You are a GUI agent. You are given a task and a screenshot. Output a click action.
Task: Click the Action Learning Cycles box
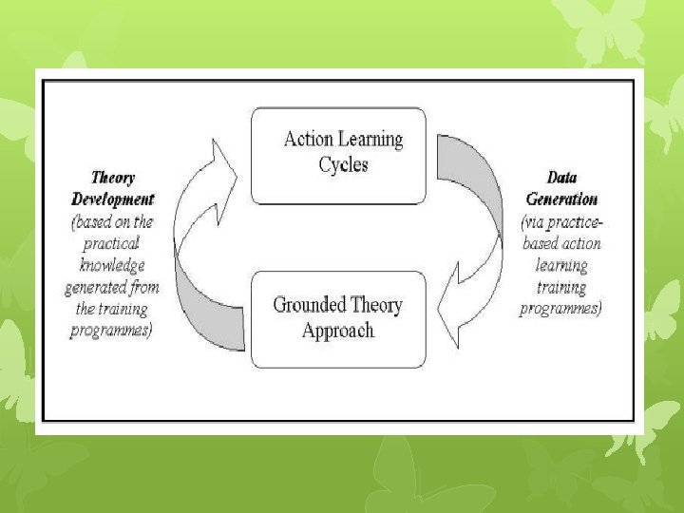coord(338,154)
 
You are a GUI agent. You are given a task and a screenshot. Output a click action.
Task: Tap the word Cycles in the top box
coord(343,164)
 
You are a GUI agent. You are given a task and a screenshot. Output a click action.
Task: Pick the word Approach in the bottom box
coord(337,331)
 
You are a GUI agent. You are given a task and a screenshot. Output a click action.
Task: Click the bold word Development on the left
coord(113,199)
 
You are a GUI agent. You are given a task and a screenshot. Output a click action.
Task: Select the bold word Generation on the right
coord(561,199)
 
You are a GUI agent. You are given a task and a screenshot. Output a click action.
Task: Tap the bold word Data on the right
coord(562,178)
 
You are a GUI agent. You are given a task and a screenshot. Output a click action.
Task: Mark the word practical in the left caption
coord(113,243)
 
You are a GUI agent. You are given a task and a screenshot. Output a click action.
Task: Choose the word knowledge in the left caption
coord(112,265)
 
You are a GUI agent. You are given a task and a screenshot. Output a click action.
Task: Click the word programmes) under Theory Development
coord(112,331)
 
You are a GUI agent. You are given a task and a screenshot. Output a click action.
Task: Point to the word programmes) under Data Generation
coord(560,309)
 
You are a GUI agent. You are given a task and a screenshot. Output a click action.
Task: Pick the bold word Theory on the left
coord(113,178)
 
